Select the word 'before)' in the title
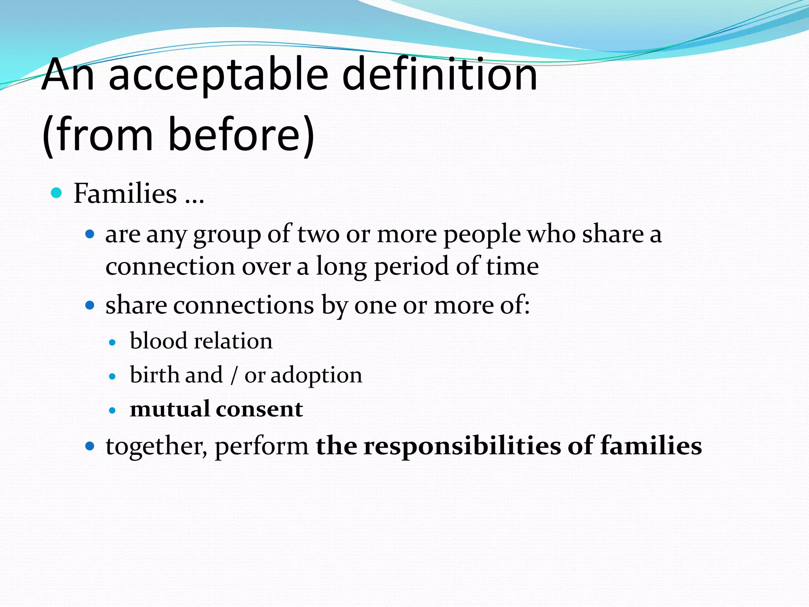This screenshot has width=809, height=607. click(x=241, y=135)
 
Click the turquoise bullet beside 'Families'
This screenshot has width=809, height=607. click(x=57, y=193)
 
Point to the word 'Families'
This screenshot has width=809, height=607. click(x=125, y=194)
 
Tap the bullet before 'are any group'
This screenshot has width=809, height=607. click(x=90, y=234)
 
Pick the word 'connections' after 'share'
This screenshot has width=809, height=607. click(x=243, y=305)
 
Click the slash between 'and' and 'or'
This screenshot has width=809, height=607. click(x=234, y=375)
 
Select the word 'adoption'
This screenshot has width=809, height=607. click(x=316, y=375)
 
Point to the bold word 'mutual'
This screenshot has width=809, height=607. click(x=170, y=409)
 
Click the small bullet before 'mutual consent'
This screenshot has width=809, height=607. click(x=113, y=411)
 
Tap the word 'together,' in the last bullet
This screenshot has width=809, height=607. click(x=156, y=447)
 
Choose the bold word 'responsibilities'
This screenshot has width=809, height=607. click(x=462, y=447)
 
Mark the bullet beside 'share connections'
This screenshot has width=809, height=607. click(x=90, y=305)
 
